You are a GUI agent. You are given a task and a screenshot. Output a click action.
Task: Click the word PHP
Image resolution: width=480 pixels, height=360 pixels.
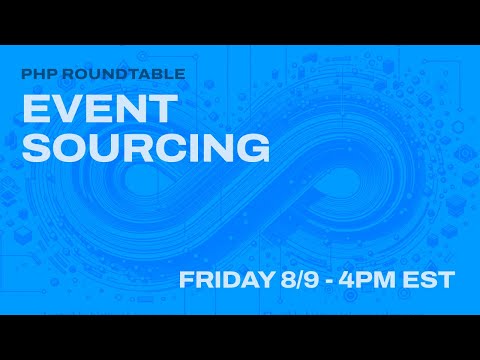pos(37,73)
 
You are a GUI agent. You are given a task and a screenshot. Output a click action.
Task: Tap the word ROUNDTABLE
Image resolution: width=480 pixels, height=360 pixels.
pos(101,73)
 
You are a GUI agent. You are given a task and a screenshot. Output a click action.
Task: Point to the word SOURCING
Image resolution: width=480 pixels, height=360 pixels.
pos(146,147)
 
